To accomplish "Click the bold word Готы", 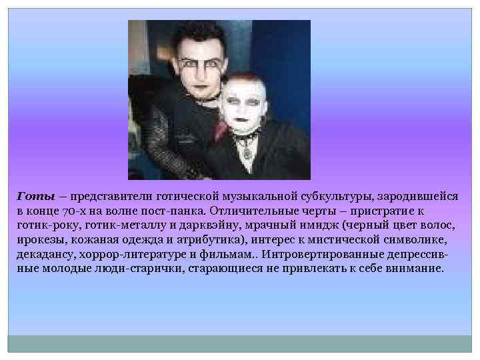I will point(31,197).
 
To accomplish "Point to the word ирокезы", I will point(39,240).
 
